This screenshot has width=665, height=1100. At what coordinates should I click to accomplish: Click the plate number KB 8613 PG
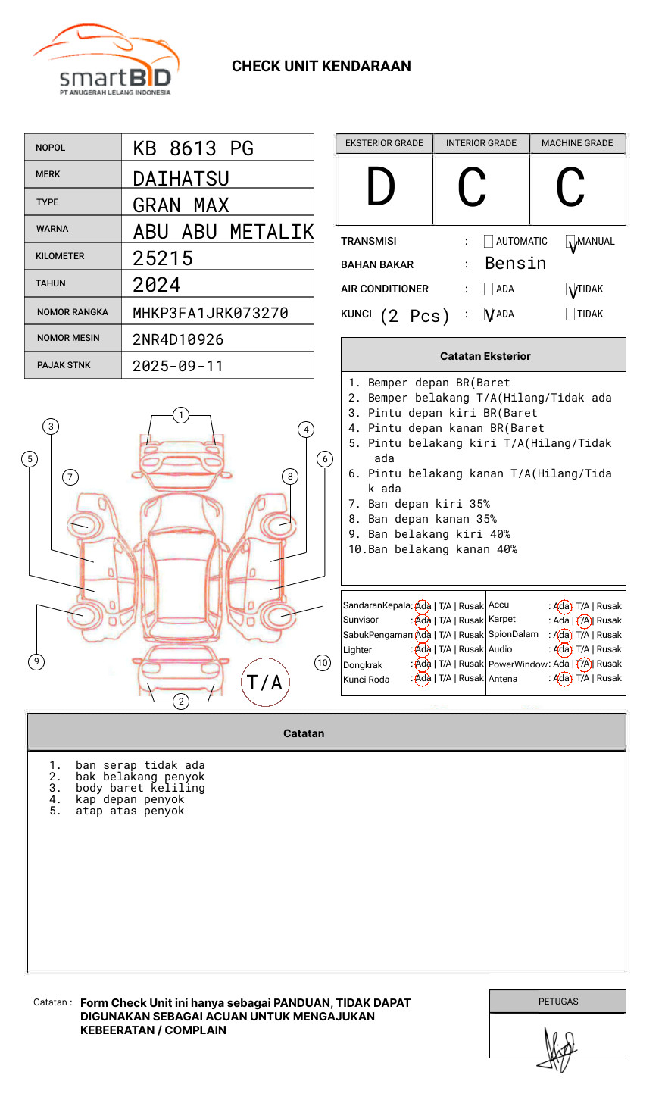[193, 148]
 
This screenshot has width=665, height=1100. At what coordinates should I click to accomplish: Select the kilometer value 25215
[163, 258]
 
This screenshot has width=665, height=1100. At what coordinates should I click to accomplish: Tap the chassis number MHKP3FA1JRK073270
[211, 313]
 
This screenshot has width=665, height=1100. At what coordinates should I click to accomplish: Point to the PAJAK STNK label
[64, 365]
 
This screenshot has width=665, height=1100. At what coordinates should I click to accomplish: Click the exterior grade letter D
[381, 187]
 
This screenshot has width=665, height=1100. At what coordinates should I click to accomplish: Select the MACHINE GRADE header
[577, 143]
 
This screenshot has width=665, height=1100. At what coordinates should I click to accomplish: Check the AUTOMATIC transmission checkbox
[489, 242]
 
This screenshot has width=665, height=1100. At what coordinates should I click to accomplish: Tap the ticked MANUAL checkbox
[571, 242]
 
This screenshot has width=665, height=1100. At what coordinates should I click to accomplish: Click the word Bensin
[515, 264]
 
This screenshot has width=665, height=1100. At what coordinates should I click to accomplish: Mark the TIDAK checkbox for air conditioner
[571, 289]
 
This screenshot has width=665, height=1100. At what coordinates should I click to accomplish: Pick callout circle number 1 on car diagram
[180, 415]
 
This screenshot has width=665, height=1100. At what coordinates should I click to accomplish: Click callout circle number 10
[323, 663]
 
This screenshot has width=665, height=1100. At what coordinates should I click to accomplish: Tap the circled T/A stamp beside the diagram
[265, 682]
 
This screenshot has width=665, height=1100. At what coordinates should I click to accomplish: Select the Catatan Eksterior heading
[485, 356]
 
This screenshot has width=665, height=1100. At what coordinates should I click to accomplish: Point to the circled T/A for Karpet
[583, 620]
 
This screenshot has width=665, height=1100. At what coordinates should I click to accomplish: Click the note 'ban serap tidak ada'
[140, 765]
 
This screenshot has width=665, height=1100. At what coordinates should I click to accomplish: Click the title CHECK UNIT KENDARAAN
[321, 67]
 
